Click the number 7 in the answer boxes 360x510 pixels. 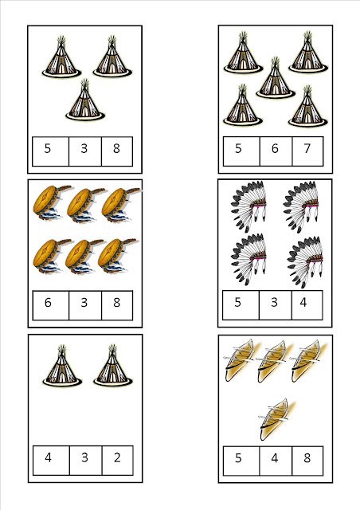click(307, 148)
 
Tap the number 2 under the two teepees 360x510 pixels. click(117, 457)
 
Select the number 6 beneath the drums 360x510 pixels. click(48, 303)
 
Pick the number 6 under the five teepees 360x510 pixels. click(275, 148)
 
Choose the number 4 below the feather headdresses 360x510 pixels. click(303, 302)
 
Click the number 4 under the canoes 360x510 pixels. click(275, 458)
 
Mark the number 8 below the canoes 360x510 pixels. click(307, 458)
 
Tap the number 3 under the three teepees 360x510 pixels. click(84, 148)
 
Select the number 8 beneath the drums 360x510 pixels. click(117, 303)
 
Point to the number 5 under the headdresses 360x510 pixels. click(237, 302)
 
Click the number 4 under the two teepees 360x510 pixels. click(48, 457)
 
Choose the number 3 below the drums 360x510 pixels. click(84, 303)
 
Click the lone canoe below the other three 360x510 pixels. click(276, 419)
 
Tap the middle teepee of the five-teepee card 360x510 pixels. click(276, 78)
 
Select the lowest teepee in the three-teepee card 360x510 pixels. click(85, 100)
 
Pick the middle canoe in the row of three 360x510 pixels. click(273, 361)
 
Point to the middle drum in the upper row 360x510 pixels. click(86, 205)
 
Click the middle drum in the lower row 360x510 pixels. click(84, 256)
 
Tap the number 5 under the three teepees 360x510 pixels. click(48, 148)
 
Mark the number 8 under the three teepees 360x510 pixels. click(116, 148)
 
